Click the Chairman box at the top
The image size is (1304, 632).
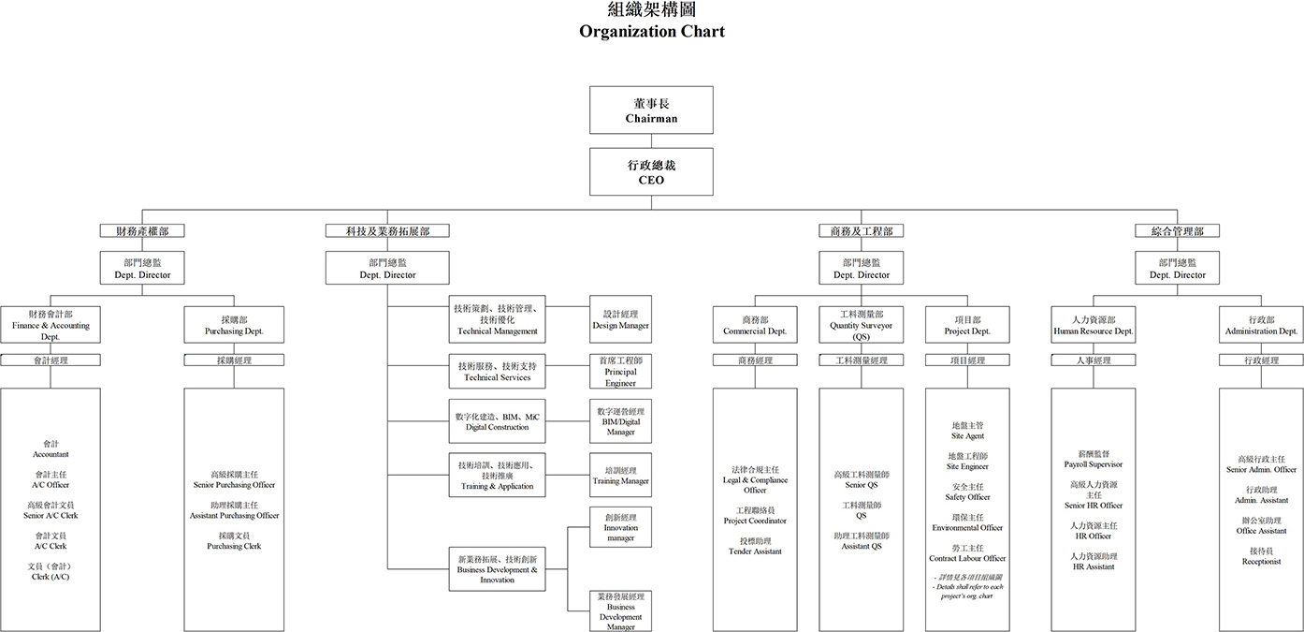(651, 110)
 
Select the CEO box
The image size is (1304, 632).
(651, 171)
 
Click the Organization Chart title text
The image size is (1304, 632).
(651, 31)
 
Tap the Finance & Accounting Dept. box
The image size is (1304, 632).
(51, 325)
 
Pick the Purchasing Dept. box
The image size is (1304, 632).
(234, 325)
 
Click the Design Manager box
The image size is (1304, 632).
(620, 320)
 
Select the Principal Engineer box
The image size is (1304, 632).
(620, 371)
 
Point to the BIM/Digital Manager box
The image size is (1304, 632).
(620, 421)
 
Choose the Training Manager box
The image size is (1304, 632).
(620, 475)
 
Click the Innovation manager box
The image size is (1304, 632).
(620, 527)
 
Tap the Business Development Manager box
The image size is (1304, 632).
(620, 611)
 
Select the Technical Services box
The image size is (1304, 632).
(496, 371)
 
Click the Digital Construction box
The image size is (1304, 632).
(496, 421)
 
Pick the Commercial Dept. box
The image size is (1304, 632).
(754, 325)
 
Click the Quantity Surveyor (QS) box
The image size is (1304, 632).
(861, 325)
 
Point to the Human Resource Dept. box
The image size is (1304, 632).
(1093, 325)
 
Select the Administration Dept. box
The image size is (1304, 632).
(1261, 325)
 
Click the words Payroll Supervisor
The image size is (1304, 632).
(1093, 464)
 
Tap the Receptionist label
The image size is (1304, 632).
(1260, 562)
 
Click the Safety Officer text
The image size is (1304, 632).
(967, 497)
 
